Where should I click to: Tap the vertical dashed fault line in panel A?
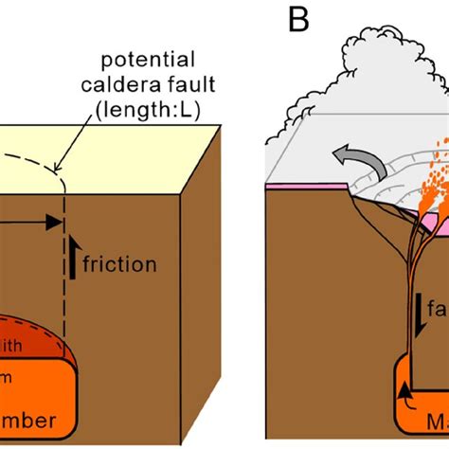point(63,284)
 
